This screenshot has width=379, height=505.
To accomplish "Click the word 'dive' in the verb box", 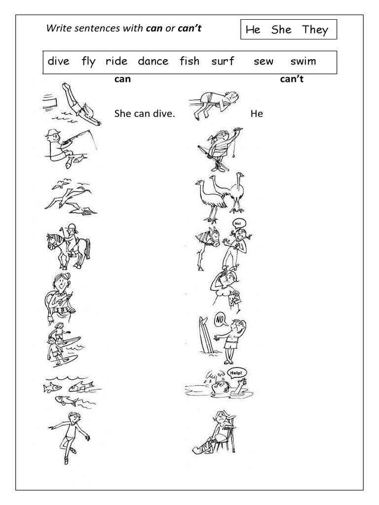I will [59, 62].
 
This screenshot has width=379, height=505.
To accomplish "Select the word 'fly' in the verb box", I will [88, 62].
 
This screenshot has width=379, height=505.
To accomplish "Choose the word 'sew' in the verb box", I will [263, 62].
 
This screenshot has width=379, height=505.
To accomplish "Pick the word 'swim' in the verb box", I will [303, 62].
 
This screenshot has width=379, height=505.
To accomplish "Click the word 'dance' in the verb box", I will [153, 62].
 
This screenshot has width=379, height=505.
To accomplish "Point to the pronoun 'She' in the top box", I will [281, 30].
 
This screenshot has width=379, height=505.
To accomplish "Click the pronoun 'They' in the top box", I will [315, 30].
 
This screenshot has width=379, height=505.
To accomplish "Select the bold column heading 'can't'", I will [291, 79].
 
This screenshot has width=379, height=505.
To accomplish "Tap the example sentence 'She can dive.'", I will [144, 114].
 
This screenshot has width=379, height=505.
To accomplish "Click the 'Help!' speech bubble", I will [236, 373].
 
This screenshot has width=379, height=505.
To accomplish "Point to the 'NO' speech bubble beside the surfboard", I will [220, 321].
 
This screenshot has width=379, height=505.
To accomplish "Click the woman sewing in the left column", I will [61, 296].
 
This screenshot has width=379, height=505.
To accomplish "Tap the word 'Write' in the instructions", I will [56, 29].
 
